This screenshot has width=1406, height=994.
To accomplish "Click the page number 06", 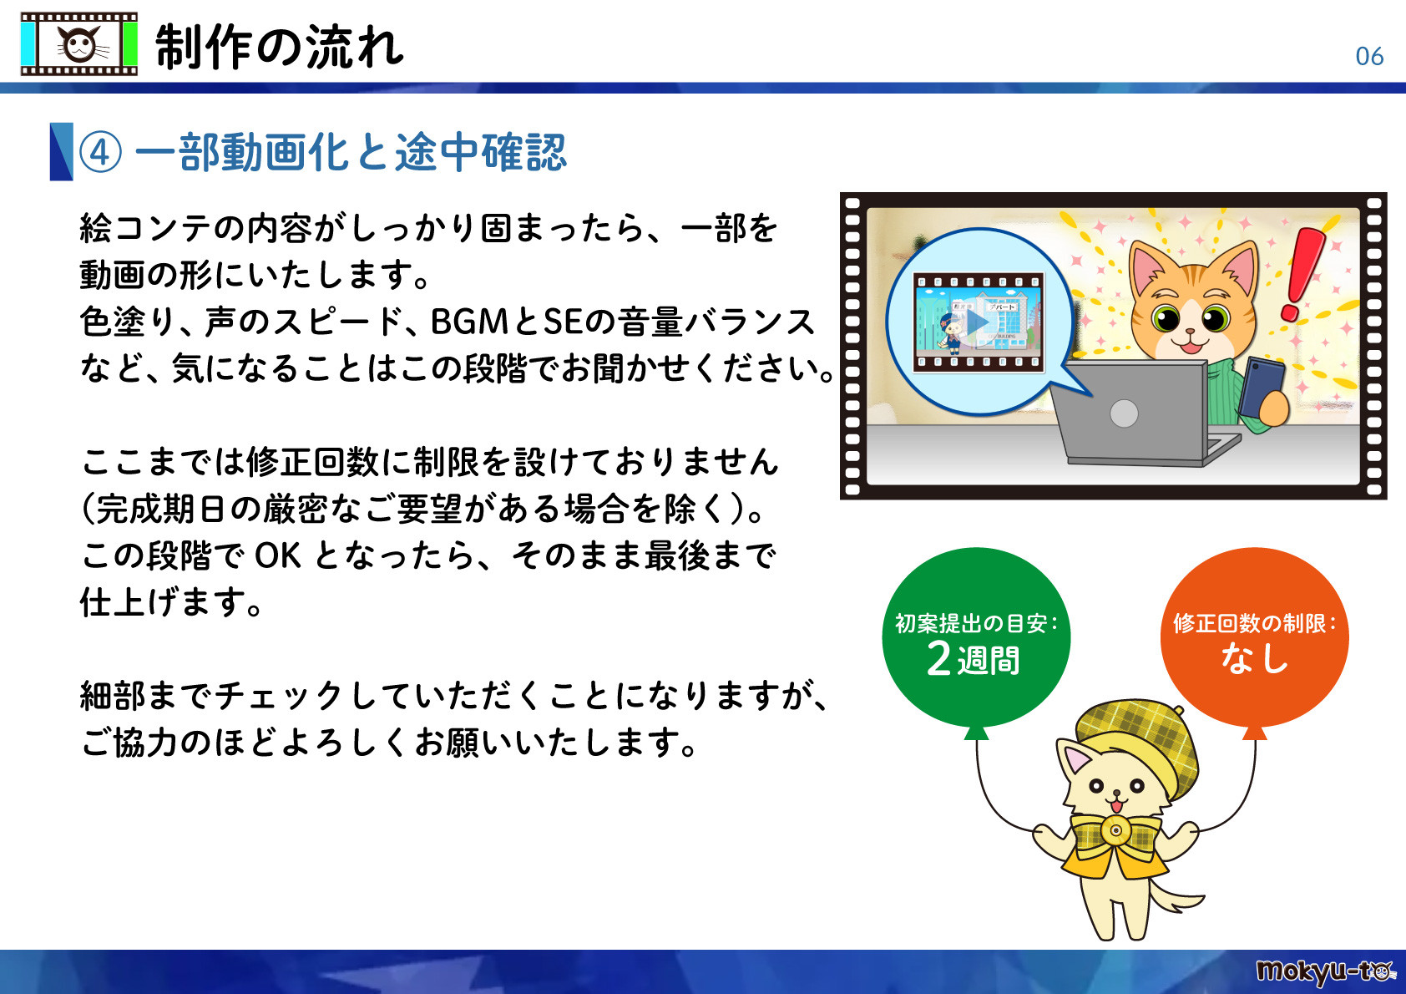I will pos(1369,56).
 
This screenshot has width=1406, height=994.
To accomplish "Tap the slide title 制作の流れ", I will pos(280,47).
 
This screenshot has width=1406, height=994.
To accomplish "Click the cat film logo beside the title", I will pos(79,44).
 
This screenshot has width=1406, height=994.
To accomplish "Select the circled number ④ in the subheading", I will pos(100,153).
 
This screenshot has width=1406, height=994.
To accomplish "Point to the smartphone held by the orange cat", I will pos(1262,385).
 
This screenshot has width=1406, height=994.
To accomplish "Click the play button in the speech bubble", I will pos(977,322).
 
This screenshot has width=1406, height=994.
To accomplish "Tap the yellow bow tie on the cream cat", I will pos(1115,831).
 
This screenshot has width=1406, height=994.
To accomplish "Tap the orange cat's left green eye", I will pos(1166,317).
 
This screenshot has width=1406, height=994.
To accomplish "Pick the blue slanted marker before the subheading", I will pos(61,151).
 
